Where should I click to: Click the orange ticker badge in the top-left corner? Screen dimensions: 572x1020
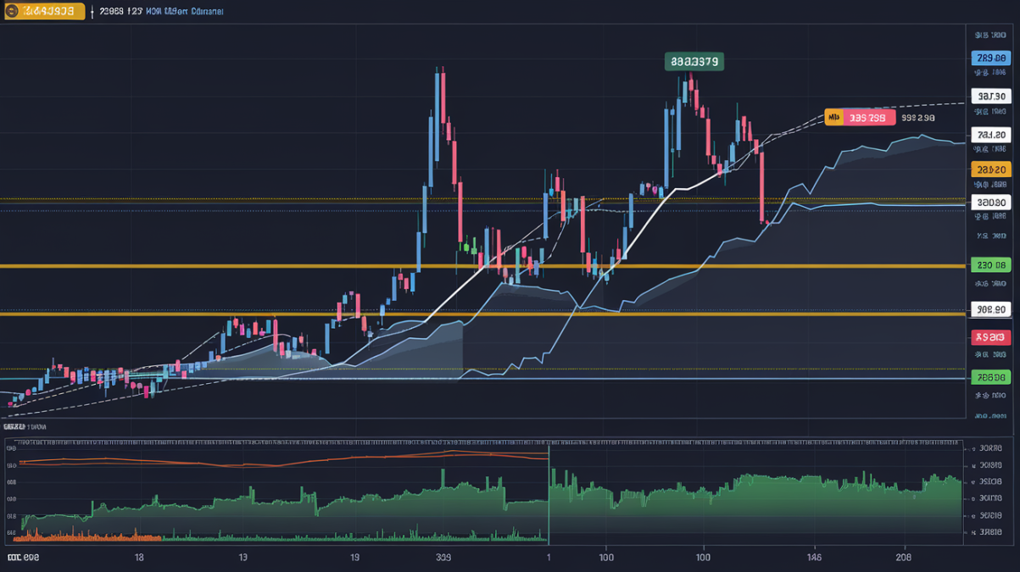point(43,12)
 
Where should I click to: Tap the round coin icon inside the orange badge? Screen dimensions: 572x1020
point(11,12)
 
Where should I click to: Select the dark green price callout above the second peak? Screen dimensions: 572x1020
point(694,61)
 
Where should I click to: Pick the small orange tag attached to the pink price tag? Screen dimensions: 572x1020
point(833,118)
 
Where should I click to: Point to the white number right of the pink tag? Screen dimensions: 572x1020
point(918,118)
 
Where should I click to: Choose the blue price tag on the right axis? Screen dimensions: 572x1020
point(990,58)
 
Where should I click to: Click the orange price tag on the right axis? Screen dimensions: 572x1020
point(990,170)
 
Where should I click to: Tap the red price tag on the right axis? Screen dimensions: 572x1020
point(990,337)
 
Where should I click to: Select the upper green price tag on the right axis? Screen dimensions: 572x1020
point(990,265)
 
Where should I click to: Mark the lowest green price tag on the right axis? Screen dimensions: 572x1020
point(990,378)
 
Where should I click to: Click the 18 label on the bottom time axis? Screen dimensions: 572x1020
point(139,558)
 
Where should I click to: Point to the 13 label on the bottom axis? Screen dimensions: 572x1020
point(242,558)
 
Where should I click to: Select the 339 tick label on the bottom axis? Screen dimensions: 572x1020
point(443,558)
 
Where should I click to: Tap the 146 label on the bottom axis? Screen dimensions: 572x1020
point(814,558)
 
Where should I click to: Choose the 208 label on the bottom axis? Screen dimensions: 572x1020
point(903,558)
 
